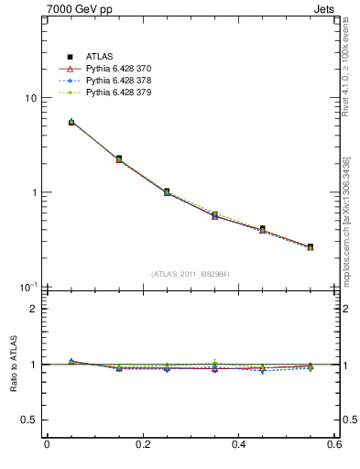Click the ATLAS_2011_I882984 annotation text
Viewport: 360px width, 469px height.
click(191, 274)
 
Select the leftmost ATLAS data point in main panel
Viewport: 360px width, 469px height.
click(71, 122)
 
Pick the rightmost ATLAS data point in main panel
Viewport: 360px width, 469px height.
click(311, 246)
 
